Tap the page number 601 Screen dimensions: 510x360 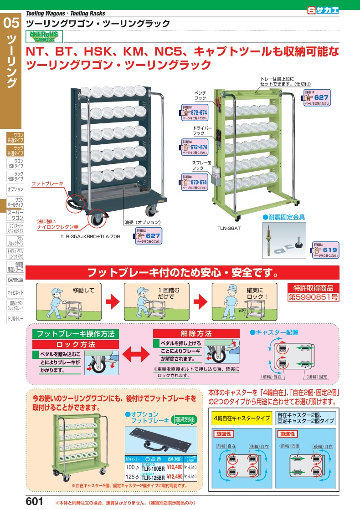[35, 501]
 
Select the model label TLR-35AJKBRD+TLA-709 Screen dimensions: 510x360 [87, 236]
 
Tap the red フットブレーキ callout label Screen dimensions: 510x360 [47, 184]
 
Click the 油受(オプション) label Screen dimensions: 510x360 [143, 223]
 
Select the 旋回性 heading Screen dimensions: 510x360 [225, 434]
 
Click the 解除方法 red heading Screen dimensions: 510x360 [196, 334]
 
